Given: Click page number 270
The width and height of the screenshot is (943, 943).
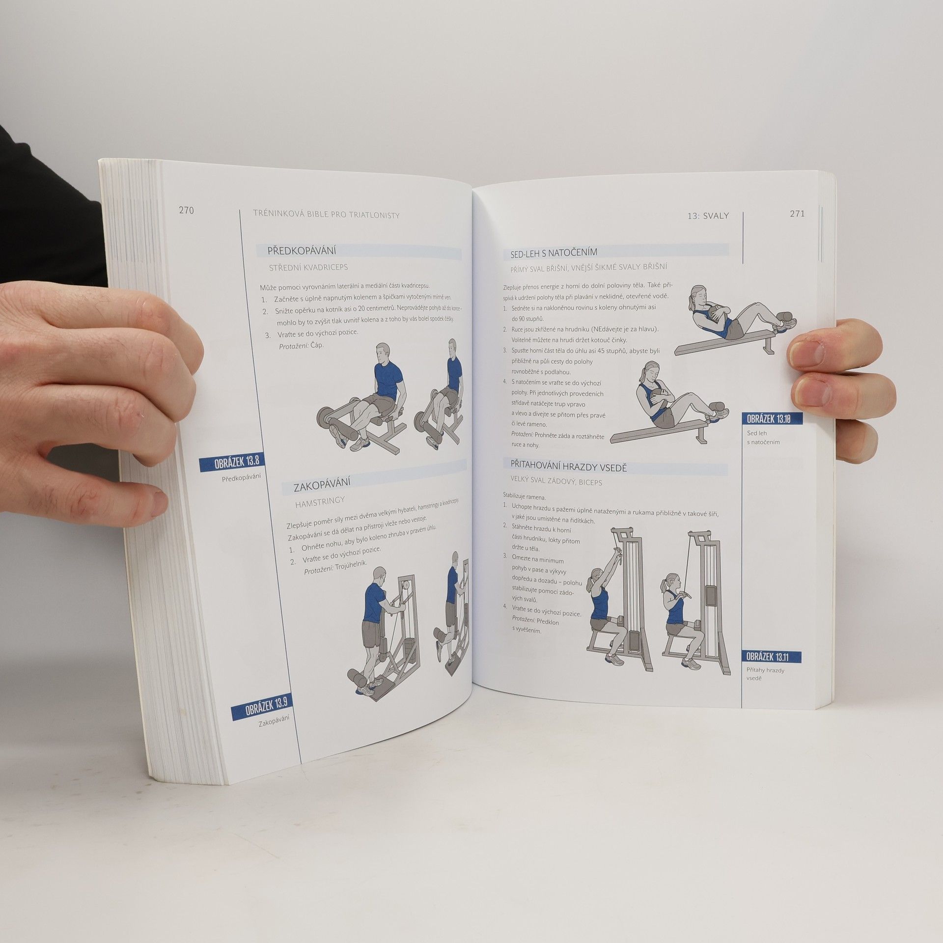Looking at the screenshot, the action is (x=187, y=211).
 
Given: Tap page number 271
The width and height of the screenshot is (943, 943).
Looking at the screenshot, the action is (x=797, y=214).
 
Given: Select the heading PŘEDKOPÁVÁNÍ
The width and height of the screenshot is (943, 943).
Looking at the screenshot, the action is (x=302, y=251).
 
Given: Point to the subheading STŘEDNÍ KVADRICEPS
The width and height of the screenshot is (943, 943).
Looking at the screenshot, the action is (x=308, y=268).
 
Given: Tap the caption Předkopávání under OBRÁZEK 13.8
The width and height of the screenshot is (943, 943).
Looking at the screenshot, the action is (x=241, y=476).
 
